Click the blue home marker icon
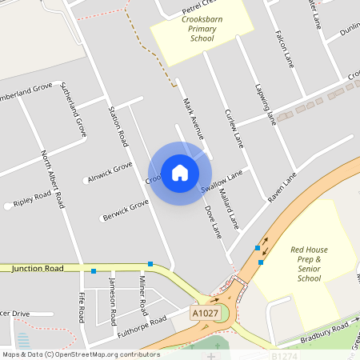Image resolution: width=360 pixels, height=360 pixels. [180, 172]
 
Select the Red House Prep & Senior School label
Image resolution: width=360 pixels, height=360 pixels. [309, 264]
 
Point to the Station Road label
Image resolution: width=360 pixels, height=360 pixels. [118, 126]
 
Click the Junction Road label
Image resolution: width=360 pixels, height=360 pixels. [38, 269]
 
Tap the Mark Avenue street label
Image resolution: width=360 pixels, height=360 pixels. [194, 116]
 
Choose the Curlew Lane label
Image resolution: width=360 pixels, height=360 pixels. [233, 128]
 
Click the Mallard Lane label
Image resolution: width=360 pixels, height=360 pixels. [230, 211]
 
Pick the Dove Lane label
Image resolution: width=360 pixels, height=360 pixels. [213, 222]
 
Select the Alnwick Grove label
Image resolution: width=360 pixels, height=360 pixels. [110, 172]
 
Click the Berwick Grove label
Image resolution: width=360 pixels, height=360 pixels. [125, 209]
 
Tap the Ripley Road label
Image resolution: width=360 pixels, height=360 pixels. [33, 197]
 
